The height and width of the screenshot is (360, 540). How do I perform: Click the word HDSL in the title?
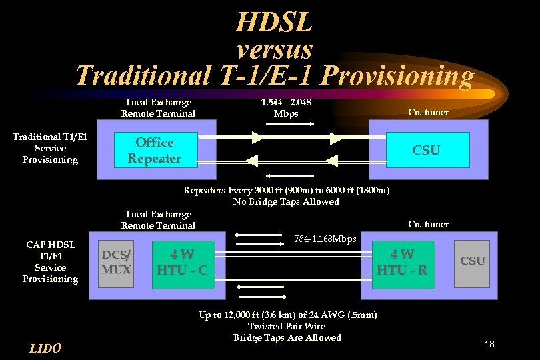(273, 24)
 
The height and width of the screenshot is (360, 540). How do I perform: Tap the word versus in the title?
(274, 49)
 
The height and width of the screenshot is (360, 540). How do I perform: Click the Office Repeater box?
(154, 151)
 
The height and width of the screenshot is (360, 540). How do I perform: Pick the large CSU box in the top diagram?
(426, 150)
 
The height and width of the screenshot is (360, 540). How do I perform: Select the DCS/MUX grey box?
(116, 262)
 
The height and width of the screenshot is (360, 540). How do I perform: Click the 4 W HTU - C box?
(182, 262)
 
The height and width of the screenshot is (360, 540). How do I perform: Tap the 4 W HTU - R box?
(402, 262)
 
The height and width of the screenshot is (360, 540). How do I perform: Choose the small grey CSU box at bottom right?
(473, 261)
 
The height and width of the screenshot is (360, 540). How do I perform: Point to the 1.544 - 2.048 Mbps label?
(287, 107)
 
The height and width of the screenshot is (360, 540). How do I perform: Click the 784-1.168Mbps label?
(325, 239)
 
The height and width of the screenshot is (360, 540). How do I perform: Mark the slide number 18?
(489, 344)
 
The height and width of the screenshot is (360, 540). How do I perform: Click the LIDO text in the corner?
(45, 348)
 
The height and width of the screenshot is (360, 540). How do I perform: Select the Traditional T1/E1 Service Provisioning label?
(50, 148)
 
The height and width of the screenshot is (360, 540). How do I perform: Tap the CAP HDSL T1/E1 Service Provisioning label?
(50, 262)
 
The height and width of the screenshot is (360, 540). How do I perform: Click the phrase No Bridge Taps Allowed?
(286, 201)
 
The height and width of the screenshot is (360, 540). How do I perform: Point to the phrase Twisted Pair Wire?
(287, 326)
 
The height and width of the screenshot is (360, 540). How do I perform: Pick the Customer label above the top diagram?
(428, 112)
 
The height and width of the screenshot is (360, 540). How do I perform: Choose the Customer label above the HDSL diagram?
(428, 224)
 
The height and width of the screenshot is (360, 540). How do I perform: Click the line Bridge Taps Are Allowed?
(287, 337)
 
